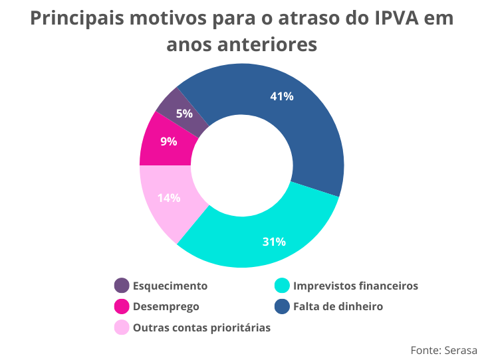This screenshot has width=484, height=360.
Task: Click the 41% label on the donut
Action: point(282,96)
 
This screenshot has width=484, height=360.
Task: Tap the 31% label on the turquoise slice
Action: point(274,241)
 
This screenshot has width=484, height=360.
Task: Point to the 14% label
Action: point(168,197)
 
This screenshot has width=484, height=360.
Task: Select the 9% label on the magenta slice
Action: point(168,141)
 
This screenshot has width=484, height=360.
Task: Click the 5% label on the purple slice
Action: point(184,113)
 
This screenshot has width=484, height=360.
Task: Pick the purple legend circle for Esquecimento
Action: point(122,286)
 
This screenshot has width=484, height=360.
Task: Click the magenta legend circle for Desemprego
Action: point(122,306)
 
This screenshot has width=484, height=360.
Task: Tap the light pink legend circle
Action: point(122,327)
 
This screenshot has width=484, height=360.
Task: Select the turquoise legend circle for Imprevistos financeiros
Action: point(282,286)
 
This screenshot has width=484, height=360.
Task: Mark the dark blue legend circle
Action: point(282,306)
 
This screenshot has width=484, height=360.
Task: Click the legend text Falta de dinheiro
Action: point(338,306)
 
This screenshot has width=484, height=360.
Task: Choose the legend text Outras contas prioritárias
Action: point(201,327)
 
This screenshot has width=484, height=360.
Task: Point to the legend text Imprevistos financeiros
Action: point(356,286)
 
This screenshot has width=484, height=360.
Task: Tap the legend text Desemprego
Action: point(166,306)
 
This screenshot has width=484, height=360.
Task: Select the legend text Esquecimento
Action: point(170,286)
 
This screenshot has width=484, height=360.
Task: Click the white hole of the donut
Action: point(242,165)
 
